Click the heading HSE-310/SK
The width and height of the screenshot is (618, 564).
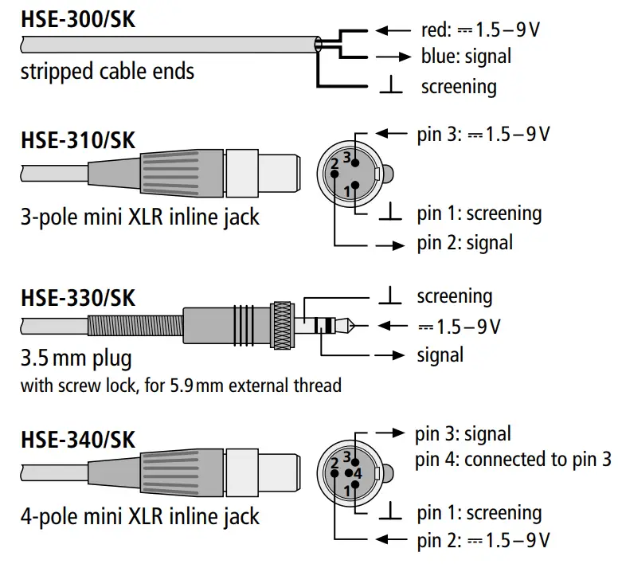(77, 140)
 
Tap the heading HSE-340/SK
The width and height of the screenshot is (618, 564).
(77, 440)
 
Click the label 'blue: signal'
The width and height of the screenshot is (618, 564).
(466, 57)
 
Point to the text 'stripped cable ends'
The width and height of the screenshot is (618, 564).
(107, 71)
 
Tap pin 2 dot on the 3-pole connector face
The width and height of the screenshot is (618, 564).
(336, 173)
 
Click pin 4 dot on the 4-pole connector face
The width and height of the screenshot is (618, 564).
(349, 473)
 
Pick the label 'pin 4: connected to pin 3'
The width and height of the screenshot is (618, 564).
(514, 460)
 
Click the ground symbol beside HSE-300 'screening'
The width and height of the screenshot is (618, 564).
(391, 87)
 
